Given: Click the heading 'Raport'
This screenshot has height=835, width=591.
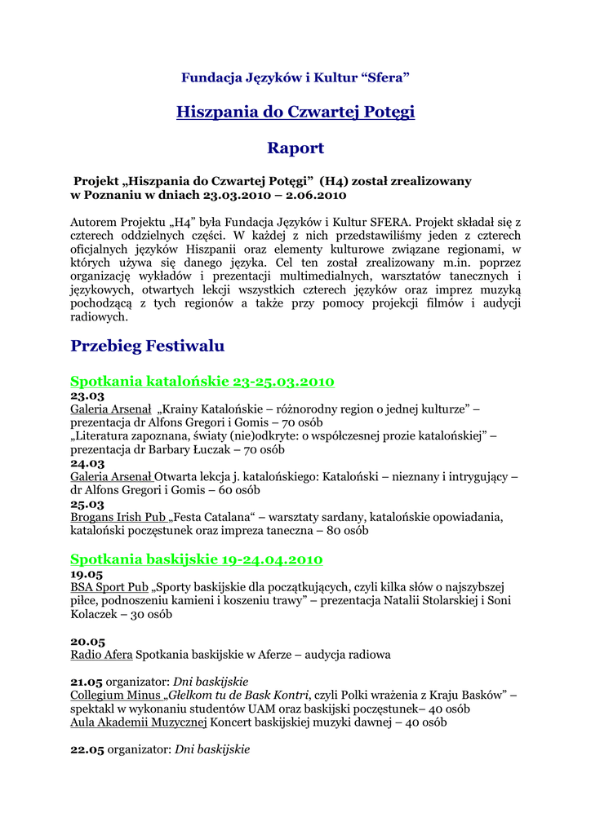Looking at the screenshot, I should coord(295,148).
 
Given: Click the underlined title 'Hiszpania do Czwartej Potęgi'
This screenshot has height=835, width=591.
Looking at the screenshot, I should coord(295,112).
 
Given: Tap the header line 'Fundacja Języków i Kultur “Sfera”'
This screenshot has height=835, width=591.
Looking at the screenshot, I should coord(295,77).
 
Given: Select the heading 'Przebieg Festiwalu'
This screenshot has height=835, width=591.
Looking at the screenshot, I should coord(148,346).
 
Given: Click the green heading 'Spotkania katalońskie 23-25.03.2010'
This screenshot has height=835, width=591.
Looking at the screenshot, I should coord(202,382).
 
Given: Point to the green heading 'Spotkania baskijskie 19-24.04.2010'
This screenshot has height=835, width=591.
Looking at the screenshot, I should coord(197,559).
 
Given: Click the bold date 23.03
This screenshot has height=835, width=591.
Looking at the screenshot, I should coord(87,395).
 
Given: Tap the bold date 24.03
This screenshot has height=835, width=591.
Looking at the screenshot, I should coord(87,463).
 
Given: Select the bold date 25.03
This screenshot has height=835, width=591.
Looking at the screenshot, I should coord(87,504).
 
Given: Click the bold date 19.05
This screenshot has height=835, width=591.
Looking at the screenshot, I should coord(87,573).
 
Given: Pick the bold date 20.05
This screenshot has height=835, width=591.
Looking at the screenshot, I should coord(87,642).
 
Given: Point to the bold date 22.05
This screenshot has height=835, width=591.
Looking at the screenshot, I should coord(87,749).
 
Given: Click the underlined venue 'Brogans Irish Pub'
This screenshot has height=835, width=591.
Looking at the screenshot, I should coord(118,518).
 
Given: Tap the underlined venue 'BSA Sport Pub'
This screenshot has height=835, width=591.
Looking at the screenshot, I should coord(109,587).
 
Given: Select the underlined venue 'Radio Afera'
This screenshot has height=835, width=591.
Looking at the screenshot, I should coord(101,655).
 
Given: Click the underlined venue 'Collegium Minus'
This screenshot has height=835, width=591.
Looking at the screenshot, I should coord(115,695).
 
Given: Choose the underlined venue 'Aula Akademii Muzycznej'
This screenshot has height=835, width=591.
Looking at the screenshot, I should coord(139,722).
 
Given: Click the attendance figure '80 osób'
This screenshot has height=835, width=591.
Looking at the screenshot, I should coord(347,531).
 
